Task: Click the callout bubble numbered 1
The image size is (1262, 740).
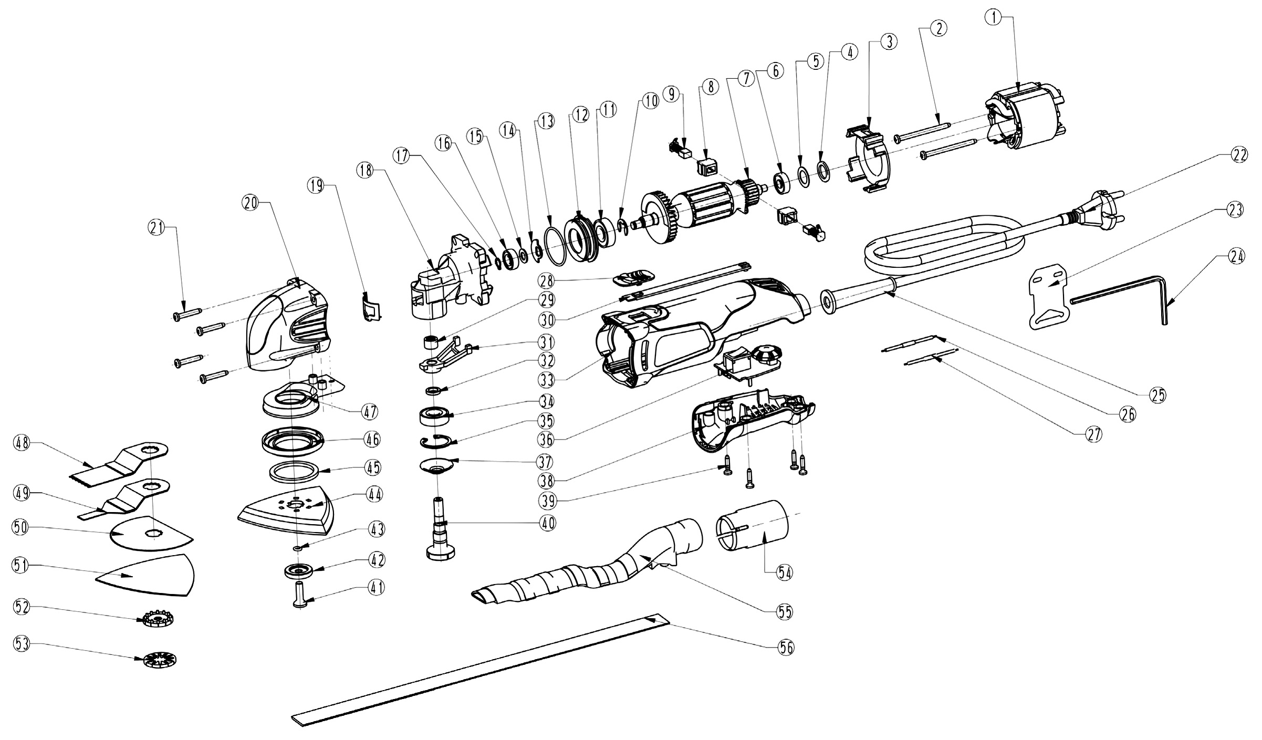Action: [x=993, y=17]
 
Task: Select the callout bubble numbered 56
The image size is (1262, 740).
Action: [x=786, y=648]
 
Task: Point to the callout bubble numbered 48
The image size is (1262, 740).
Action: [x=22, y=443]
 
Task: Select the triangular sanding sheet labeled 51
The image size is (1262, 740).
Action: [x=147, y=576]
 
